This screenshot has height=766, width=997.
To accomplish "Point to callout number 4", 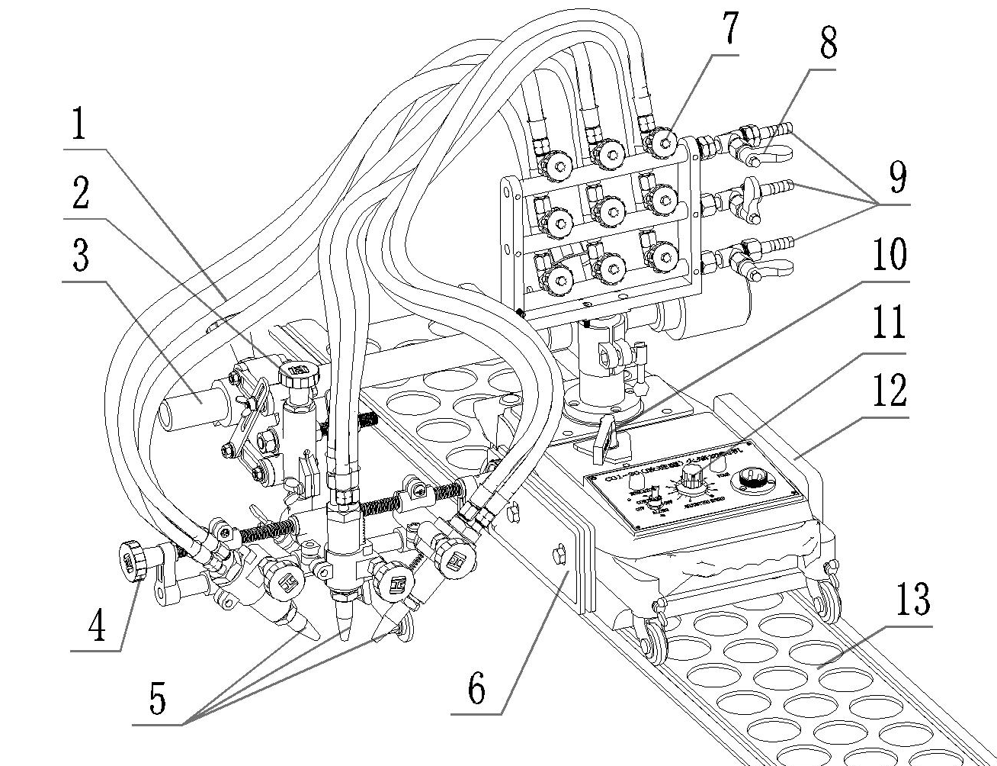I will (x=96, y=626).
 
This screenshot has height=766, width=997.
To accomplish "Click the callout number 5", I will (x=157, y=699).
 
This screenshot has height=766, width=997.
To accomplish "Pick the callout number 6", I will (x=476, y=689).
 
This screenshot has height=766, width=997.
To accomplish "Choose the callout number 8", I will (x=828, y=43).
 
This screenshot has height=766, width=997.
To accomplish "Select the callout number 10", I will (x=890, y=253).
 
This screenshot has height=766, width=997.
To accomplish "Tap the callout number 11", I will (x=890, y=323).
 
